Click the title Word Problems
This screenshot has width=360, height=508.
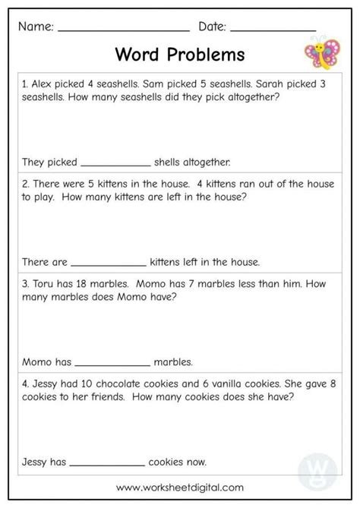[x=179, y=55]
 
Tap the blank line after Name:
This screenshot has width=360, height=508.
[x=123, y=30]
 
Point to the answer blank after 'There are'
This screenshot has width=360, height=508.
[x=109, y=263]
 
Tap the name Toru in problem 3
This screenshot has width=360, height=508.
[x=42, y=284]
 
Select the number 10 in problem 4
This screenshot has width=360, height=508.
[x=93, y=383]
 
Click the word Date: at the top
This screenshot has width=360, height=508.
[x=212, y=27]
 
